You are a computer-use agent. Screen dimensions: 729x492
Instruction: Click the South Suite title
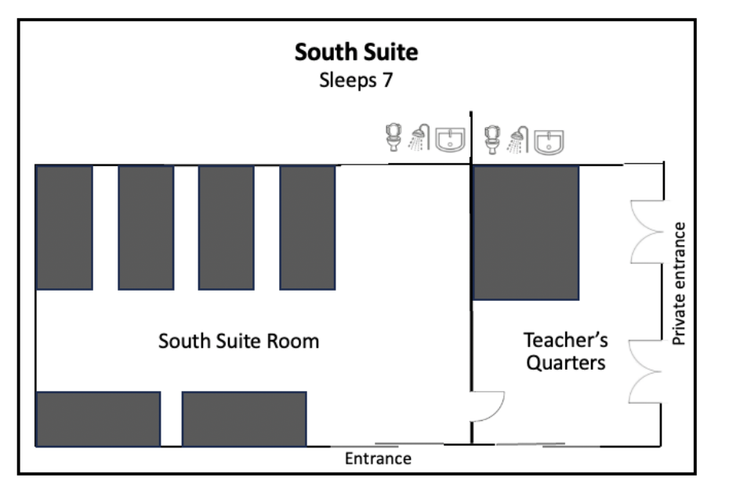click(x=356, y=52)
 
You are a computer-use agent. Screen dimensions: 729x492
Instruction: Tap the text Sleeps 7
click(x=356, y=81)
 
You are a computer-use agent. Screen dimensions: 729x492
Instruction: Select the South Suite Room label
click(x=239, y=342)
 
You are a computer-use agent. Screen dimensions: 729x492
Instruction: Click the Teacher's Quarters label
click(x=565, y=352)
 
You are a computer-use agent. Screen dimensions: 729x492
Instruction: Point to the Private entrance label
click(x=680, y=284)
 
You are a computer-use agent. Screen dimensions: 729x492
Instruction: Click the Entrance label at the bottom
click(x=378, y=458)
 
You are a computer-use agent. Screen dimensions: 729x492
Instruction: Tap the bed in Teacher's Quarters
click(x=526, y=232)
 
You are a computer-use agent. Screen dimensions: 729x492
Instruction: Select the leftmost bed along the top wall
click(x=64, y=227)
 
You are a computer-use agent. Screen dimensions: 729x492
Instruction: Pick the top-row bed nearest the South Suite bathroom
click(x=307, y=227)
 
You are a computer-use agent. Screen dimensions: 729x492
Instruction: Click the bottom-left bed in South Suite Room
click(x=98, y=418)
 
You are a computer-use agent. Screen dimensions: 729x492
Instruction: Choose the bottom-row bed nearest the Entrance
click(x=244, y=418)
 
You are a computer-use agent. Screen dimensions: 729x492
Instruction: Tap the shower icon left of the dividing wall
click(x=421, y=139)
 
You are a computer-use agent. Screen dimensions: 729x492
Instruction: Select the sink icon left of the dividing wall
click(x=450, y=139)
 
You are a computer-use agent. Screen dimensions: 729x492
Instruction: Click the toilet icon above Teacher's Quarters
click(x=492, y=139)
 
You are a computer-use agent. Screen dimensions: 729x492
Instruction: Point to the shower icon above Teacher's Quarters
click(x=518, y=139)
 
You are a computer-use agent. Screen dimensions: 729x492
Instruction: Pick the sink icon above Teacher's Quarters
click(x=549, y=139)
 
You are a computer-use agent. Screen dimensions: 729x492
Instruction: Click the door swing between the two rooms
click(x=488, y=406)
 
